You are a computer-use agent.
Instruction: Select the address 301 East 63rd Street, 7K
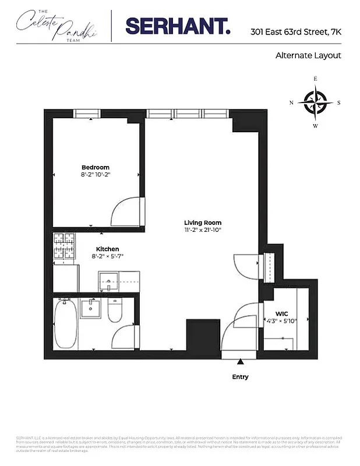[295, 32]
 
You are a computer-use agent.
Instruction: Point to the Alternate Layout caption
[308, 56]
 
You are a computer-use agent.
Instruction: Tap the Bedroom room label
[96, 168]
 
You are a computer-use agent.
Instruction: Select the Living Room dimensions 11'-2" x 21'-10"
[203, 230]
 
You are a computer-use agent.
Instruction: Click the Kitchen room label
[108, 249]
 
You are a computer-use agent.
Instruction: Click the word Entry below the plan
[240, 377]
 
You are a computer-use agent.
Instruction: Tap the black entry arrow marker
[240, 363]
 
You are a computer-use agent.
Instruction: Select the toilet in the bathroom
[115, 311]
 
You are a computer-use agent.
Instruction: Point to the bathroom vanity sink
[90, 308]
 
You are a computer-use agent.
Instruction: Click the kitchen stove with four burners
[65, 246]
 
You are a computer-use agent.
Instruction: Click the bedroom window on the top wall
[90, 114]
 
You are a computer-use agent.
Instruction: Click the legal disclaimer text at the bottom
[179, 444]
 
